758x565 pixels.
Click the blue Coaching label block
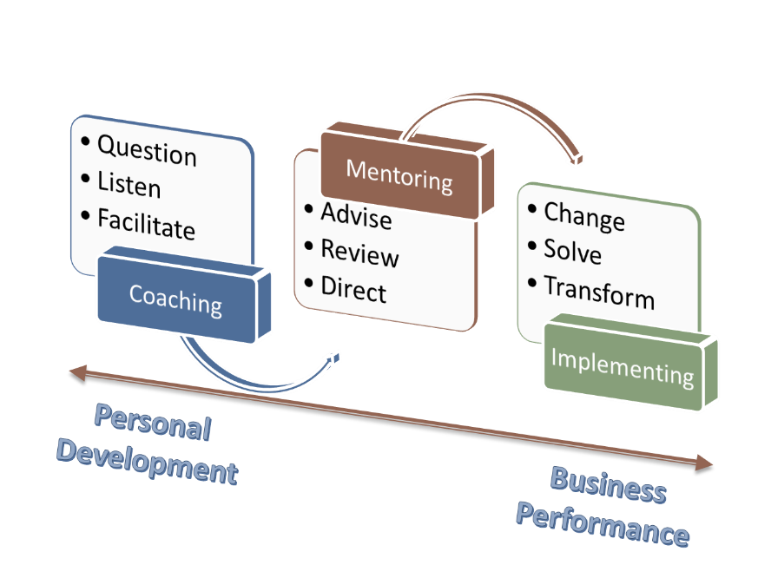[175, 299]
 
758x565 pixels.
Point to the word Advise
[355, 216]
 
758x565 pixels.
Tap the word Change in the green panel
[583, 217]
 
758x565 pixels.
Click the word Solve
[572, 252]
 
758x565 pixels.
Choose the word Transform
[598, 292]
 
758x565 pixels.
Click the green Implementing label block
[623, 365]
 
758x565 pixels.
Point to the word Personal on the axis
[153, 423]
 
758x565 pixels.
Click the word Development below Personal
[146, 461]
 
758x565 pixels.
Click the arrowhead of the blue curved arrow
[335, 358]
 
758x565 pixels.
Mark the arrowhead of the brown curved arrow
[577, 160]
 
